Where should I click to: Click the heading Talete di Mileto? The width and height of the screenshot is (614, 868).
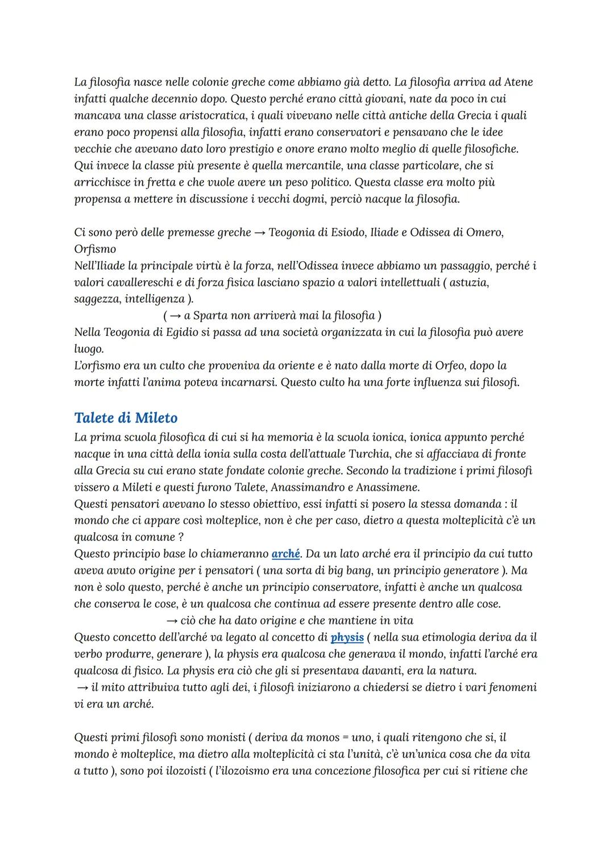[126, 418]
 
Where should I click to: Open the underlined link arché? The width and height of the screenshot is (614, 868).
[285, 553]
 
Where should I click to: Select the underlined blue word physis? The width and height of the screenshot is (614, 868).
[347, 637]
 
